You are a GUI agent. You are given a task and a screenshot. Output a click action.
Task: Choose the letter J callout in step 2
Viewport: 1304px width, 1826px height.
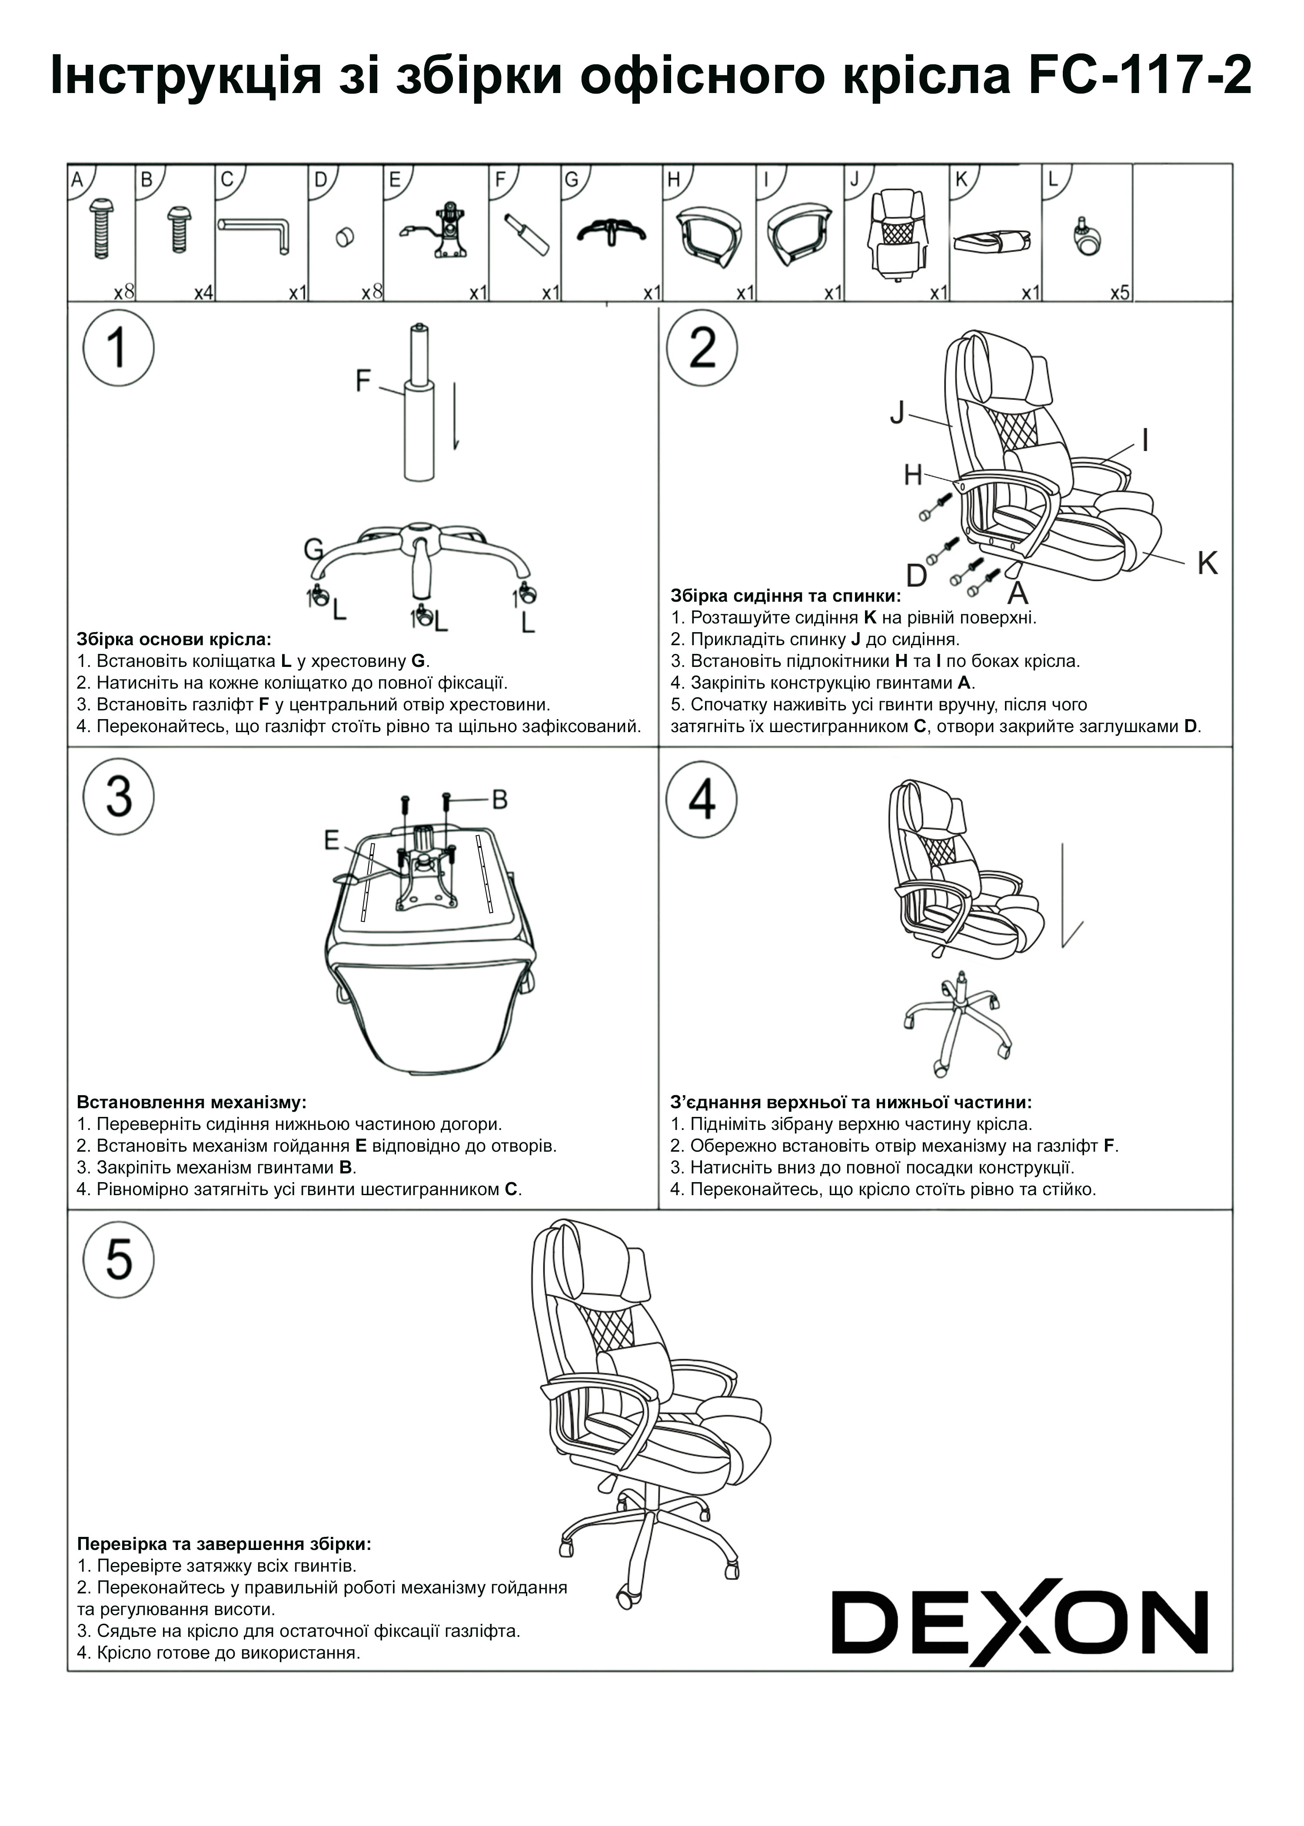(x=897, y=413)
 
